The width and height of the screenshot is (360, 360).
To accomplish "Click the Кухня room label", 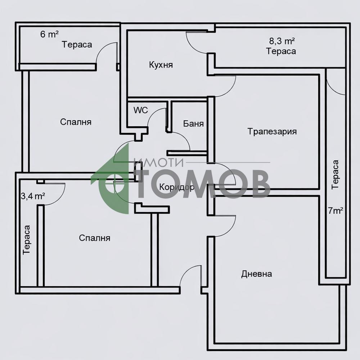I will [161, 65].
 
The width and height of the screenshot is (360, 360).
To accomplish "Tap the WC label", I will [141, 111].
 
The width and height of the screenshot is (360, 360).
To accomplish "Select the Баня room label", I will [193, 124].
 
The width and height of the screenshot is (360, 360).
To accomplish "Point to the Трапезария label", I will [272, 131].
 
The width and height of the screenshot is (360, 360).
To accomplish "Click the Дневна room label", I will [256, 274].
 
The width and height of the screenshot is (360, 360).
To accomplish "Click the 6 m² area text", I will [49, 35].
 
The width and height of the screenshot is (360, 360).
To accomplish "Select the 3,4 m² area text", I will [33, 196].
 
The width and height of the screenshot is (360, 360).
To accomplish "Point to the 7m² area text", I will [335, 211].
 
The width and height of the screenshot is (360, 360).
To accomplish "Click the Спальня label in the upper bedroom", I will [76, 122].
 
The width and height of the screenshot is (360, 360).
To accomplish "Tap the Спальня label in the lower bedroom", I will [94, 238].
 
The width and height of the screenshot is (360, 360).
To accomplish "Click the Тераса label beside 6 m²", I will [77, 45].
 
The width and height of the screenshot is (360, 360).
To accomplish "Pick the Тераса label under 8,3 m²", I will [281, 51].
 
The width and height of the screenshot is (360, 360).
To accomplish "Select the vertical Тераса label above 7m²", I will [335, 175].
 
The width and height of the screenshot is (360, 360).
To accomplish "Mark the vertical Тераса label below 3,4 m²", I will [27, 240].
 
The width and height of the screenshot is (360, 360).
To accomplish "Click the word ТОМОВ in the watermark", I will [203, 184].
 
